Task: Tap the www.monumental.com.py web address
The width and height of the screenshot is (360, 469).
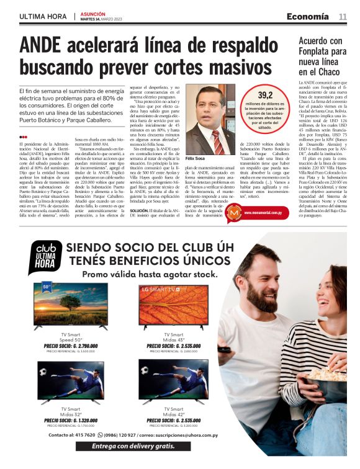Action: [x=267, y=212]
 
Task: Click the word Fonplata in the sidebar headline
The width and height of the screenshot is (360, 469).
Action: [x=315, y=53]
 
